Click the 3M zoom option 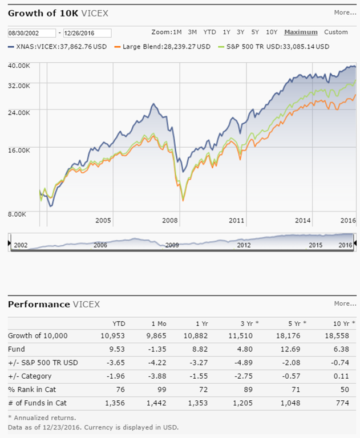(x=192, y=32)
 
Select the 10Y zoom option (x=272, y=32)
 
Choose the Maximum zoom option (x=301, y=32)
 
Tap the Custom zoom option (x=335, y=32)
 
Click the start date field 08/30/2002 (x=31, y=33)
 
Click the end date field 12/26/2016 (x=87, y=33)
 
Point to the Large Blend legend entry (x=162, y=46)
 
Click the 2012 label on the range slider (x=244, y=245)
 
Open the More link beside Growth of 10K (x=345, y=12)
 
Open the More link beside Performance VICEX (x=345, y=303)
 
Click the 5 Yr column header (x=297, y=323)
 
